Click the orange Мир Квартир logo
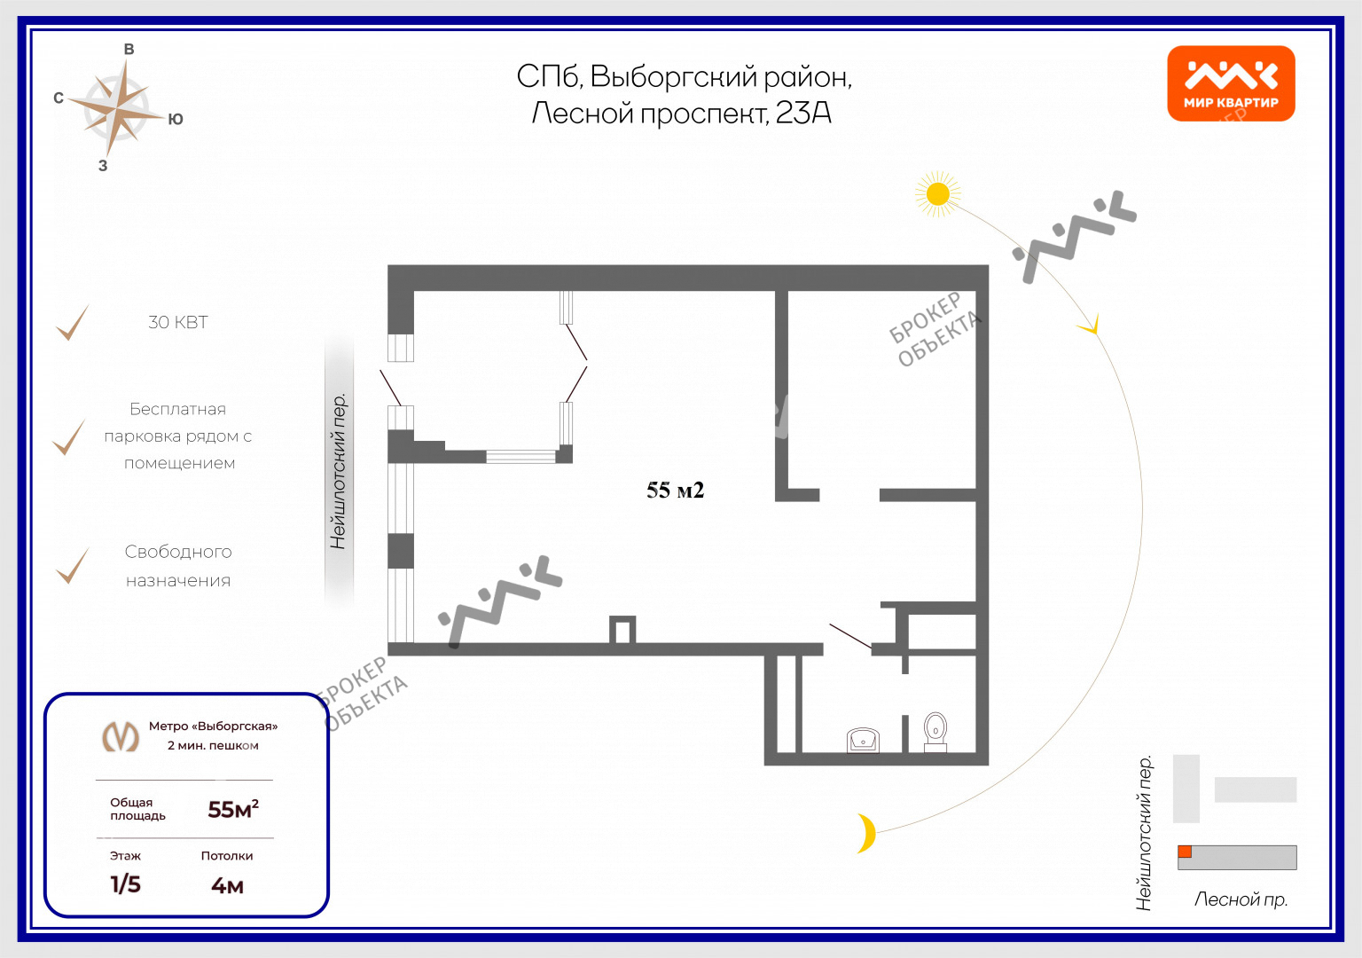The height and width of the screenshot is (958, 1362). (x=1231, y=82)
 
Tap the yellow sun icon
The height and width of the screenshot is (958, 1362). (x=937, y=193)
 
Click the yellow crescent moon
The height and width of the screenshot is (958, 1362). (x=866, y=833)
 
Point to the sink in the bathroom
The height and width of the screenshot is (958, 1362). (x=863, y=739)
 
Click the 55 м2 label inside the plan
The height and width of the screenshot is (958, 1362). (x=675, y=491)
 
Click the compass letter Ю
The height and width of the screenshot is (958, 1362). (x=176, y=120)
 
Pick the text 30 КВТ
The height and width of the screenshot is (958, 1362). (x=178, y=323)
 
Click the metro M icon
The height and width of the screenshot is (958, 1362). (x=121, y=736)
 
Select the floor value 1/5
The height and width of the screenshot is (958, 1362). (x=125, y=884)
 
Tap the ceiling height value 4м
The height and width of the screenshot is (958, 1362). (x=227, y=885)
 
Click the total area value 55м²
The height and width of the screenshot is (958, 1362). (x=232, y=809)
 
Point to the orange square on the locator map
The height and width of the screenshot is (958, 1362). (x=1185, y=852)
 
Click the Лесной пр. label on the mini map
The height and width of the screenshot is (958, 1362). (x=1241, y=899)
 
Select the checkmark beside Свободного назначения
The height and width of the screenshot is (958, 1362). (x=72, y=567)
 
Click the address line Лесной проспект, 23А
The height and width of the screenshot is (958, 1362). (x=681, y=114)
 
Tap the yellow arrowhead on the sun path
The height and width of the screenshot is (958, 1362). (x=1092, y=326)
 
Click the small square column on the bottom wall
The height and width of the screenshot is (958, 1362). (x=622, y=630)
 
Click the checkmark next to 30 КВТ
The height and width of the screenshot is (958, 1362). (x=72, y=323)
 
